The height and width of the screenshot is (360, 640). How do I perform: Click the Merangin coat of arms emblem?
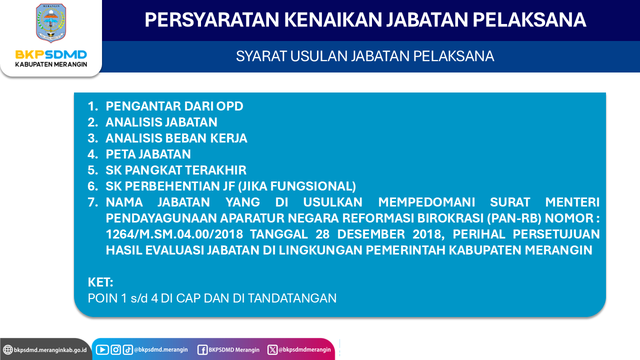[x=51, y=23]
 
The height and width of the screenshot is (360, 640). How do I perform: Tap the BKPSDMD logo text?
[x=51, y=54]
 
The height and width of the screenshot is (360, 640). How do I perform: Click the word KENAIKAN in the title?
[x=332, y=19]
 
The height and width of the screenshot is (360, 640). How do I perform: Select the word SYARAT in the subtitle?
[x=261, y=56]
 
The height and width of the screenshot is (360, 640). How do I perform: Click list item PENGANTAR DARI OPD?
[x=174, y=106]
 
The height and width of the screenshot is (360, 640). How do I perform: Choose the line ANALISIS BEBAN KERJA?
[x=176, y=138]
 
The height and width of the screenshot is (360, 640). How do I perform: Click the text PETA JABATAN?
[x=148, y=154]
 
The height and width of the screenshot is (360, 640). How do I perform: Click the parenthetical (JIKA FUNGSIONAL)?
[x=297, y=186]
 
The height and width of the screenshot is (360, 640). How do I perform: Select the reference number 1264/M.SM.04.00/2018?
[x=174, y=234]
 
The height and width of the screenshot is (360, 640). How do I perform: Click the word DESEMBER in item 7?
[x=371, y=234]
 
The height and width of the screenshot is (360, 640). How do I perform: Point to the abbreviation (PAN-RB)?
[x=514, y=218]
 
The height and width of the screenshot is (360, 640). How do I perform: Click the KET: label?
[x=100, y=282]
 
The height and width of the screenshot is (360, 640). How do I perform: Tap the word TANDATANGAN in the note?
[x=292, y=298]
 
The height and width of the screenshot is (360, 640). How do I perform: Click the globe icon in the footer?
[x=8, y=349]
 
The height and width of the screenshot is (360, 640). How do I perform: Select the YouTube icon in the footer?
[x=102, y=349]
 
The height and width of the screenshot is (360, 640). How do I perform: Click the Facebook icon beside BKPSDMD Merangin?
[x=202, y=350]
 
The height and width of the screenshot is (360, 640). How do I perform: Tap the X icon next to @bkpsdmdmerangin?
[x=272, y=349]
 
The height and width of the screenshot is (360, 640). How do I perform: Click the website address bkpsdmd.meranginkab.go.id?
[x=50, y=350]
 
